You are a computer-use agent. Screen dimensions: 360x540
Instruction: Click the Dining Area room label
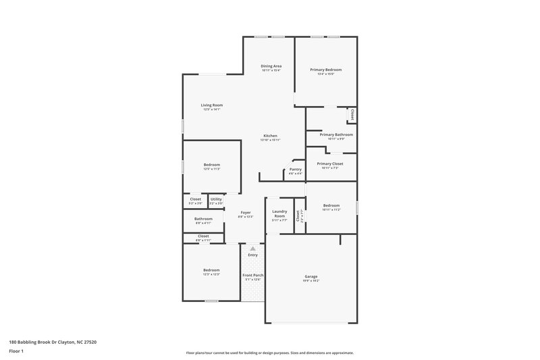coord(271,66)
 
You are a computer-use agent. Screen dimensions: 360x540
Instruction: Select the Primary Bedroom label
coord(326,70)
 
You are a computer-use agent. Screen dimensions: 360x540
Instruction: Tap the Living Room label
coord(212,105)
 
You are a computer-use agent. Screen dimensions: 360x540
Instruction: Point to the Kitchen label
coord(271,136)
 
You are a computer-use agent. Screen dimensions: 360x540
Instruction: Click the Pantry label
coord(296,170)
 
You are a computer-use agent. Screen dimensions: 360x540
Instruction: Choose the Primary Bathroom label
coord(336,134)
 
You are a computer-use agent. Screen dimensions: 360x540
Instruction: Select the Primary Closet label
coord(330,163)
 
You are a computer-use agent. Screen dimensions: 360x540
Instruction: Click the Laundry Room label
coord(279,213)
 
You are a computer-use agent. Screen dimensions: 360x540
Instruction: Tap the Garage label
coord(311,276)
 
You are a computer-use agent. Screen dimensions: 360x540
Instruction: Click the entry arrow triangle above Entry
coord(253,249)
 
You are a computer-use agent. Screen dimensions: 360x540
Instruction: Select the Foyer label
coord(246,213)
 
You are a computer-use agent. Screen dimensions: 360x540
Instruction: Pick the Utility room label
coord(216,199)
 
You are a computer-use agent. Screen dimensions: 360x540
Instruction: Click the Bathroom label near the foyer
coord(204,219)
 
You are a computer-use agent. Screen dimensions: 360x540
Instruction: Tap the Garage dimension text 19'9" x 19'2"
coord(311,281)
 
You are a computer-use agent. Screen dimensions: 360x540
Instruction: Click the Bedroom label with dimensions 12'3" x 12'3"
coord(212,270)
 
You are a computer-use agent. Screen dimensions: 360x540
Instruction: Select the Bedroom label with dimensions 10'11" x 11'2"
coord(331,205)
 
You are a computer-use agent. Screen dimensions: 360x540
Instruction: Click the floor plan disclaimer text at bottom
coord(270,353)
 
